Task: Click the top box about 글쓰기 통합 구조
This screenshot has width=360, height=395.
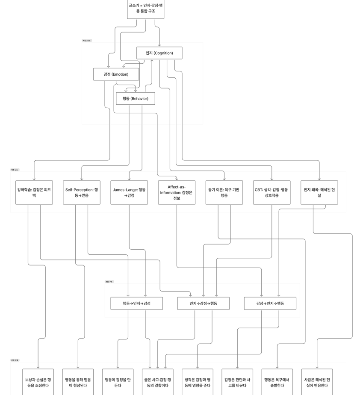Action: [x=145, y=9]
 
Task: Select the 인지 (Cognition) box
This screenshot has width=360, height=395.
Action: [x=159, y=53]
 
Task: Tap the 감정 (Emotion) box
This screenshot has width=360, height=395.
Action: [x=116, y=74]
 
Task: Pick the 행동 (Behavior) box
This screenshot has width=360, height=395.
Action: [x=135, y=99]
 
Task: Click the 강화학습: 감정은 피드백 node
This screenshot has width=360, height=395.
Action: [x=34, y=192]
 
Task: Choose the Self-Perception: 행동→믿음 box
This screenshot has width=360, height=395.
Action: [x=82, y=192]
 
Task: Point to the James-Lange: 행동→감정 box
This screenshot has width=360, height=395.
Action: [x=129, y=192]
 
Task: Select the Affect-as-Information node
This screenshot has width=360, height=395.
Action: [x=177, y=192]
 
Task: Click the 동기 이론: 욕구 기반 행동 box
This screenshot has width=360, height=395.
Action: [x=224, y=192]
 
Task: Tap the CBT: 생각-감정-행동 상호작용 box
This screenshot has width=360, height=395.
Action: [x=271, y=192]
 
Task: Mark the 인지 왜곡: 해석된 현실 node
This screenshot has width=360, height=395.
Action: [x=319, y=192]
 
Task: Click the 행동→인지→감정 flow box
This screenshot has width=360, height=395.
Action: [x=136, y=304]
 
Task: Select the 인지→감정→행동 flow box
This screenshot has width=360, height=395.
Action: [x=203, y=304]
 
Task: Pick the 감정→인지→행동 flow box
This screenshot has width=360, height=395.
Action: [x=270, y=304]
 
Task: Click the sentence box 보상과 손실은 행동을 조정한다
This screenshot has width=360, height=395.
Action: [x=38, y=382]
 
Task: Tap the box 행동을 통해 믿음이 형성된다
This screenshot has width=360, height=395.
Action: [x=78, y=382]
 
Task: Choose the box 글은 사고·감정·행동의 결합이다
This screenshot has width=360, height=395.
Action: [x=158, y=382]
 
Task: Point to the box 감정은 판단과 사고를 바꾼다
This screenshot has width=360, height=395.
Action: [x=237, y=382]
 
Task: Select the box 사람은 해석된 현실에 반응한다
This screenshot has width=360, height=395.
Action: [x=317, y=382]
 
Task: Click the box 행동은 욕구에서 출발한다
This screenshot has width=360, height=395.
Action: [x=277, y=382]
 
